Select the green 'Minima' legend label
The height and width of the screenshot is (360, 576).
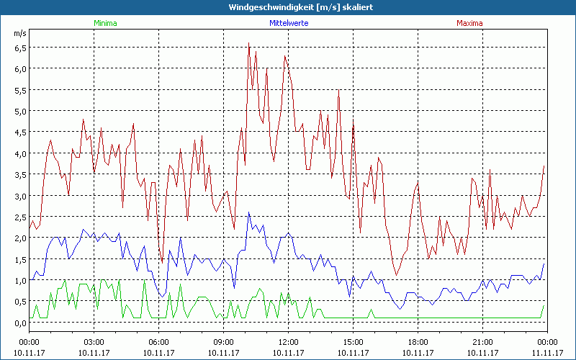pos(104,23)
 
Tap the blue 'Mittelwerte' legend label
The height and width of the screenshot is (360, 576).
pos(289,23)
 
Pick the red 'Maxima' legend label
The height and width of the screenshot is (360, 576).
pos(469,23)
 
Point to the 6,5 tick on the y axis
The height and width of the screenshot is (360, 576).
pos(20,48)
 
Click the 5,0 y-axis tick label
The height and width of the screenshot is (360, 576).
pos(20,111)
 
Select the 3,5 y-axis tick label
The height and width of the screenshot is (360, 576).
pos(20,175)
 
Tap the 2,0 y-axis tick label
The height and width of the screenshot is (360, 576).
pos(20,238)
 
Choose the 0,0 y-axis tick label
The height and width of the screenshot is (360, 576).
pos(20,323)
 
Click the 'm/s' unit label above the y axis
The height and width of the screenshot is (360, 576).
pos(19,33)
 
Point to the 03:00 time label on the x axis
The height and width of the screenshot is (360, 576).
pos(94,342)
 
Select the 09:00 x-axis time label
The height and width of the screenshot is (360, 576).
pos(223,342)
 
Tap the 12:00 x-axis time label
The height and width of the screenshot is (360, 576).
pos(288,342)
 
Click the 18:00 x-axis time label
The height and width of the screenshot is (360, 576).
pos(418,342)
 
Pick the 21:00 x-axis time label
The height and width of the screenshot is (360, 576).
pos(482,342)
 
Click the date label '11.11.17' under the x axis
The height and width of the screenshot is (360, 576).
pos(547,352)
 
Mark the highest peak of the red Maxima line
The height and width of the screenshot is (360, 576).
pos(249,43)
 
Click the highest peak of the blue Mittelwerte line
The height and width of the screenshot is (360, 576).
pos(249,212)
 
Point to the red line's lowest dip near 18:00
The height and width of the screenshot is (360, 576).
pos(397,275)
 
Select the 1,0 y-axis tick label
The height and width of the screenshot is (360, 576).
pos(20,281)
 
